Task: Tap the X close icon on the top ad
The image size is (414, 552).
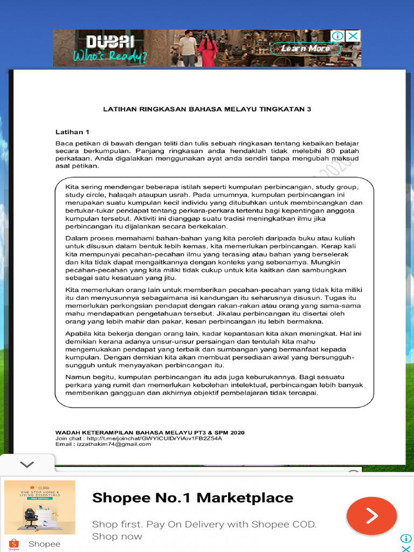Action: (x=353, y=36)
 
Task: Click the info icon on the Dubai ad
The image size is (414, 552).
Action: (x=338, y=36)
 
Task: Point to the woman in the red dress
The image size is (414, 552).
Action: (x=207, y=49)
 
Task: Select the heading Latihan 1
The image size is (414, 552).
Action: (x=72, y=132)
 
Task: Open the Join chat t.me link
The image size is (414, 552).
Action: (x=139, y=438)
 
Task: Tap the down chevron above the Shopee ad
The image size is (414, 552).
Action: (x=26, y=464)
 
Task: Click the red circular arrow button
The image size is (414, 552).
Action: (x=372, y=516)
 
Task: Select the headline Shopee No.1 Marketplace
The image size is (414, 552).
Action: (x=192, y=498)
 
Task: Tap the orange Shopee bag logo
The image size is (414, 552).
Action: (x=14, y=543)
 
